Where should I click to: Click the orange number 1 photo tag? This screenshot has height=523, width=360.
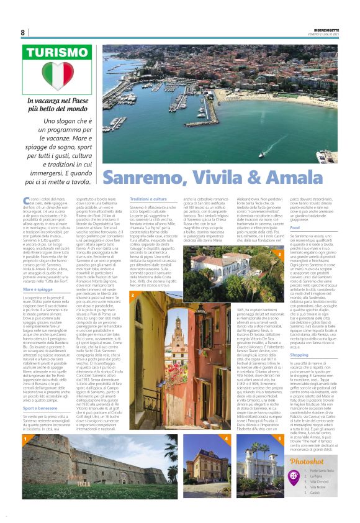[25, 439]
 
